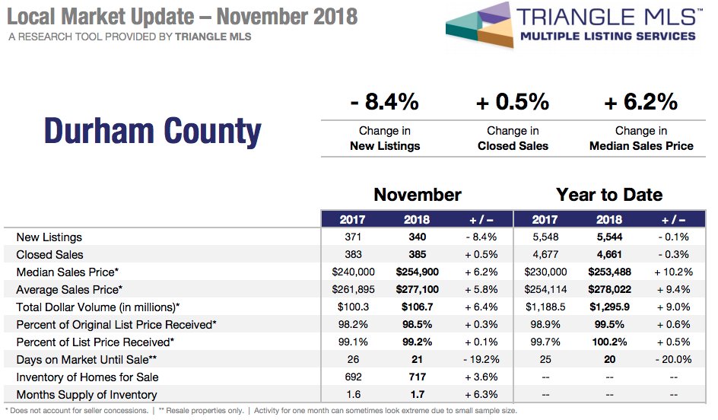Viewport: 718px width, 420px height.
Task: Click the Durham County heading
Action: [x=152, y=131]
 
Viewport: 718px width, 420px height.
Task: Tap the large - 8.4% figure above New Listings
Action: [x=385, y=101]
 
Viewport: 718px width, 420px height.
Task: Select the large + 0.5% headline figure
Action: [x=513, y=101]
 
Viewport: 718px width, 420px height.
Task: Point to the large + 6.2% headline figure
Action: [x=641, y=101]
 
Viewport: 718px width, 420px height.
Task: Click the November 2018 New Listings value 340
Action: [x=417, y=237]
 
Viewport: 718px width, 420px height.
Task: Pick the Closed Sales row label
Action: [x=49, y=255]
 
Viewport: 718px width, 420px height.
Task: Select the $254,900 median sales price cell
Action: [x=417, y=272]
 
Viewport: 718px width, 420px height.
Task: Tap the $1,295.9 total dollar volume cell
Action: [x=609, y=307]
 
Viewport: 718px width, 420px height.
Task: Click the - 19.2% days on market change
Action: [x=481, y=360]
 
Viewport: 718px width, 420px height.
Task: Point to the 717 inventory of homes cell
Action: [x=417, y=377]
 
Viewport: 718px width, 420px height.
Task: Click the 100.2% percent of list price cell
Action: [x=609, y=342]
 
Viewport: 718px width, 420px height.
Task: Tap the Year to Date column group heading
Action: [x=609, y=195]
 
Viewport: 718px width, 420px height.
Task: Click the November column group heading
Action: [x=417, y=195]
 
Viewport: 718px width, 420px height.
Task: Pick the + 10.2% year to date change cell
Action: [x=673, y=272]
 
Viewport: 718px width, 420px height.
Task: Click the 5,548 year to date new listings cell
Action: [x=545, y=237]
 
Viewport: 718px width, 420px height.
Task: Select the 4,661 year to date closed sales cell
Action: [x=609, y=255]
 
